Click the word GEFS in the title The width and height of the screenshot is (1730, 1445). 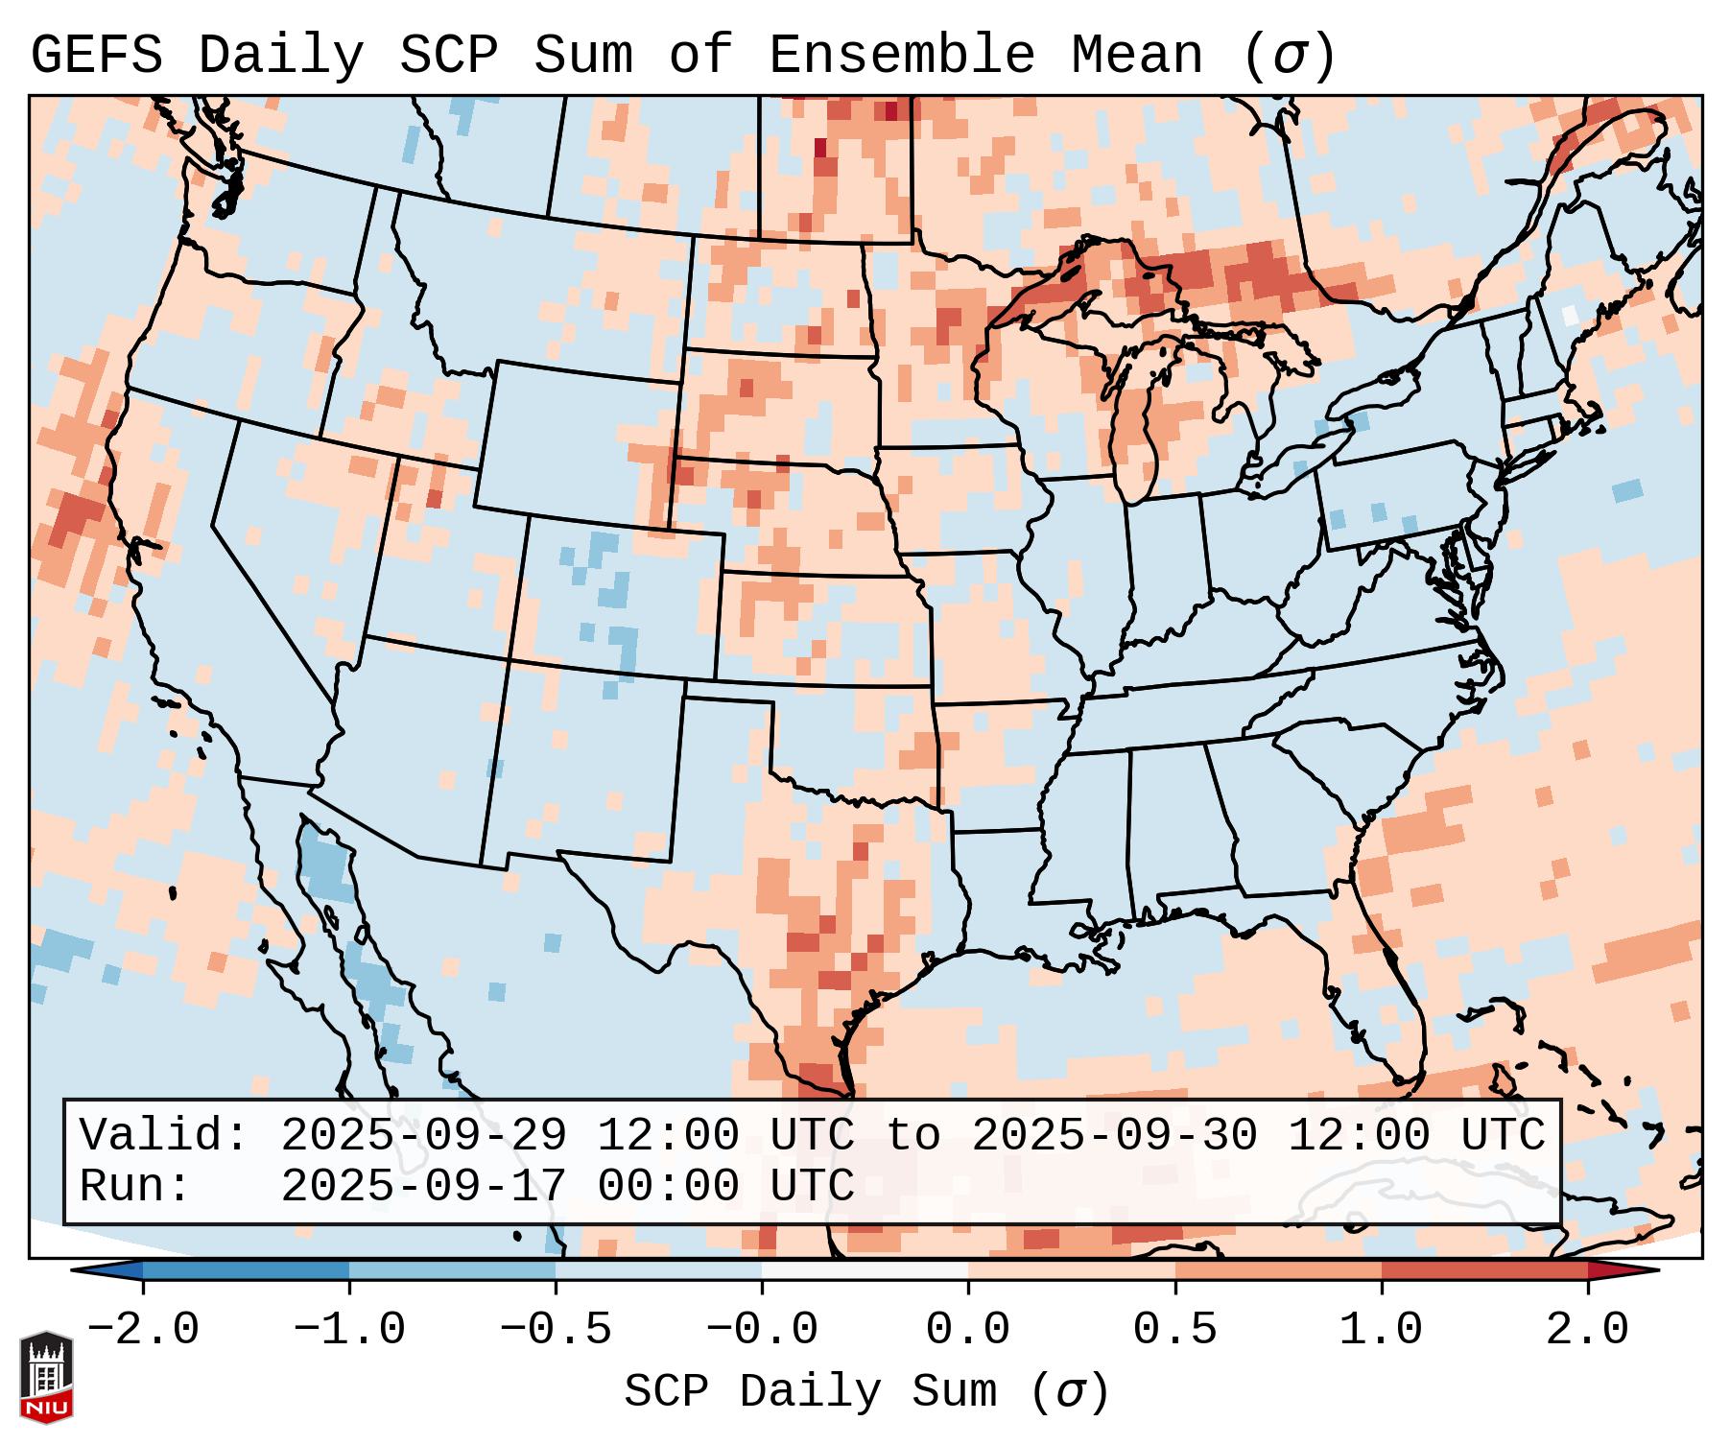tap(96, 56)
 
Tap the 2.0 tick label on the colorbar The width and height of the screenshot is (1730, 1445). tap(1587, 1330)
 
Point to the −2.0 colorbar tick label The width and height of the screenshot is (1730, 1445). tap(143, 1330)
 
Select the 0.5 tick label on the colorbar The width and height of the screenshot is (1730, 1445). tap(1174, 1330)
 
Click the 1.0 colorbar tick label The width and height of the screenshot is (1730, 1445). tap(1381, 1330)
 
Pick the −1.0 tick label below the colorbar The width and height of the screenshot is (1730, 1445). tap(349, 1330)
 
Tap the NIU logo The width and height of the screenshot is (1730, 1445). tap(46, 1376)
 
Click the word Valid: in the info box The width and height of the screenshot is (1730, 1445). tap(164, 1135)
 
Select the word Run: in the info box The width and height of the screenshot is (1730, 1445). tap(135, 1186)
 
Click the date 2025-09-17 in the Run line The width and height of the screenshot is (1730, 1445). tap(423, 1186)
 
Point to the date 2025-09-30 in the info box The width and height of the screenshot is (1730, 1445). tap(1114, 1135)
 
